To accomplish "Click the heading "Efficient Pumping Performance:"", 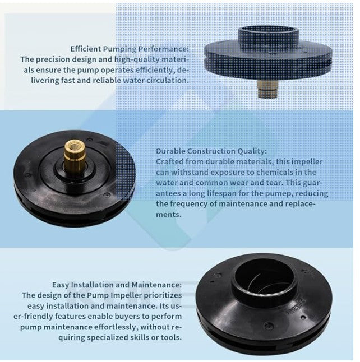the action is click(x=130, y=49).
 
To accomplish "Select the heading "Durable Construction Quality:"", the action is click(x=211, y=151).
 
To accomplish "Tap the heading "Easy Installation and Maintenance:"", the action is click(x=117, y=285).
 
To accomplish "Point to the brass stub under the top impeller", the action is click(x=267, y=89).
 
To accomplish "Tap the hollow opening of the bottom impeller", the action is click(x=264, y=276).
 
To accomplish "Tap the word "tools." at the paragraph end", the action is click(x=171, y=337).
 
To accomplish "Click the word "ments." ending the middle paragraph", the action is click(x=168, y=215).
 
